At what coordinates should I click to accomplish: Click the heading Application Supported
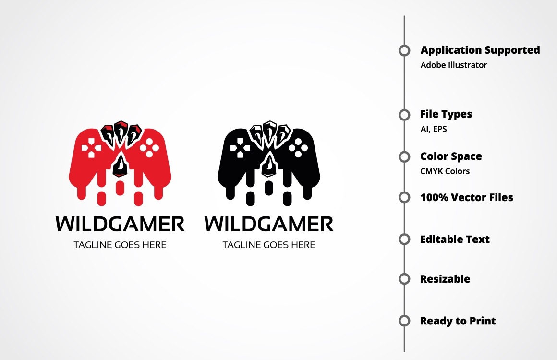(x=480, y=50)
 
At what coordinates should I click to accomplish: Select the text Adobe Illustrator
(x=454, y=65)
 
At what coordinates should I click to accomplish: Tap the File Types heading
(x=446, y=114)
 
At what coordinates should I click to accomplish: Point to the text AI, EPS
(x=434, y=129)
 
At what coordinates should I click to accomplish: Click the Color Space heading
(x=451, y=156)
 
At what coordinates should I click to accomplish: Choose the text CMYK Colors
(x=445, y=171)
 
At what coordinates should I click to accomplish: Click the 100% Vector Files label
(x=466, y=197)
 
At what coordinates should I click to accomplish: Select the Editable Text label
(x=455, y=240)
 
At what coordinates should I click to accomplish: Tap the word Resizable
(x=445, y=279)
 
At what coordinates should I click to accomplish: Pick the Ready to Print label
(x=458, y=321)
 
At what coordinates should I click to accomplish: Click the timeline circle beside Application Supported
(x=404, y=50)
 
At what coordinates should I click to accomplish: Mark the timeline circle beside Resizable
(x=404, y=279)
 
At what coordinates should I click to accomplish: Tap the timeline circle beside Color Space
(x=404, y=156)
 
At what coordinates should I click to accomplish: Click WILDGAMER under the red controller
(x=120, y=224)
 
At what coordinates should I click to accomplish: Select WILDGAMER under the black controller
(x=269, y=224)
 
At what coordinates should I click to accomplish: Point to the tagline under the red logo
(x=120, y=245)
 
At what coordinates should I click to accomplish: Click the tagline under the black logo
(x=269, y=245)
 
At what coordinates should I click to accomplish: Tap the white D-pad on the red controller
(x=91, y=148)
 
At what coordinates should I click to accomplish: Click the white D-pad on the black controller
(x=240, y=148)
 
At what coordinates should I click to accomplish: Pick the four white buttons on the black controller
(x=298, y=148)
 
